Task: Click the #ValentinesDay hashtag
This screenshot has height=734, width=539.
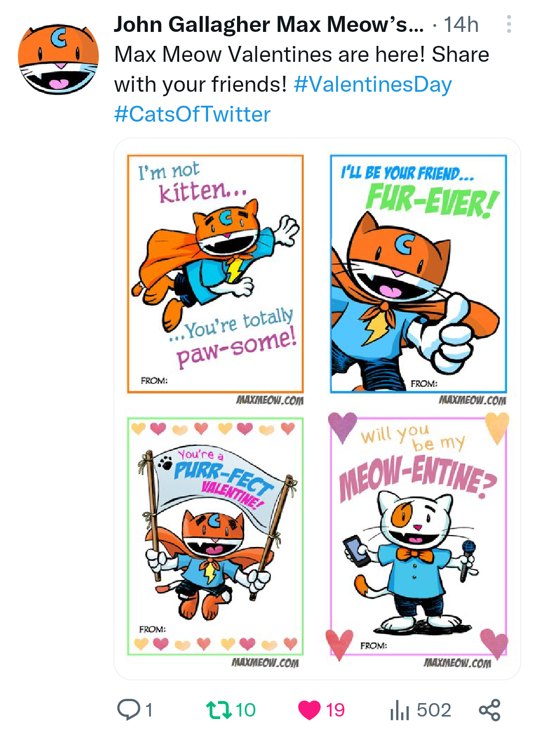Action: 373,85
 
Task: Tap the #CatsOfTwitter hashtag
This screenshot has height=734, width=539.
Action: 192,114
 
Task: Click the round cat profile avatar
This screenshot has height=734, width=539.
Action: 58,59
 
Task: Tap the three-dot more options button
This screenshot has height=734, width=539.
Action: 509,24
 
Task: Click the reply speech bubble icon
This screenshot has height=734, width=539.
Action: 129,710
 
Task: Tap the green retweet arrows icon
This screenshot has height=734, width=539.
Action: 219,710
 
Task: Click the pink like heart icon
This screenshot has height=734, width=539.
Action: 309,710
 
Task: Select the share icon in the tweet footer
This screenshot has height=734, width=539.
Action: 490,710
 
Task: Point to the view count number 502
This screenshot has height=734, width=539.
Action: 434,710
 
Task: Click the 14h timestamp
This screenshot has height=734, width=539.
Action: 461,24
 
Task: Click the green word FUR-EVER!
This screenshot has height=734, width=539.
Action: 432,200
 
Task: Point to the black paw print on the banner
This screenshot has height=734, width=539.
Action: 166,462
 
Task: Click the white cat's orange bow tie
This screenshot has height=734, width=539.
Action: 415,555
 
